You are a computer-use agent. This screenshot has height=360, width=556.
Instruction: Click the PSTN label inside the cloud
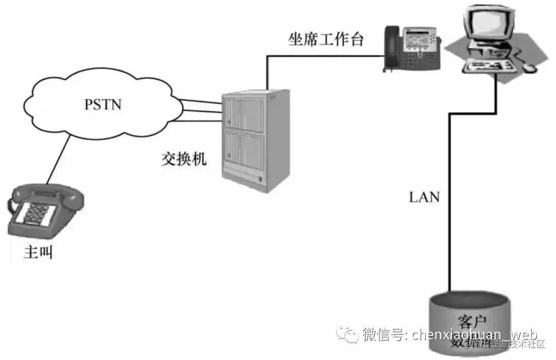pyautogui.click(x=103, y=104)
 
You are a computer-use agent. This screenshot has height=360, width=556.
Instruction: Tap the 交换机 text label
pyautogui.click(x=183, y=159)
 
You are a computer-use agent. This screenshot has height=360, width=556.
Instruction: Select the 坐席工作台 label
pyautogui.click(x=326, y=40)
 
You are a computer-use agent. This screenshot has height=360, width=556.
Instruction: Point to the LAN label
pyautogui.click(x=425, y=197)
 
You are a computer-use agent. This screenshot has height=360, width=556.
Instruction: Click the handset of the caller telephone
pyautogui.click(x=46, y=195)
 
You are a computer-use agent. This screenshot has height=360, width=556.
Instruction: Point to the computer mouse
pyautogui.click(x=530, y=67)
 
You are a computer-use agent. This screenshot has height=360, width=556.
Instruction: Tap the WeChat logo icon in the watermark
pyautogui.click(x=348, y=335)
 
